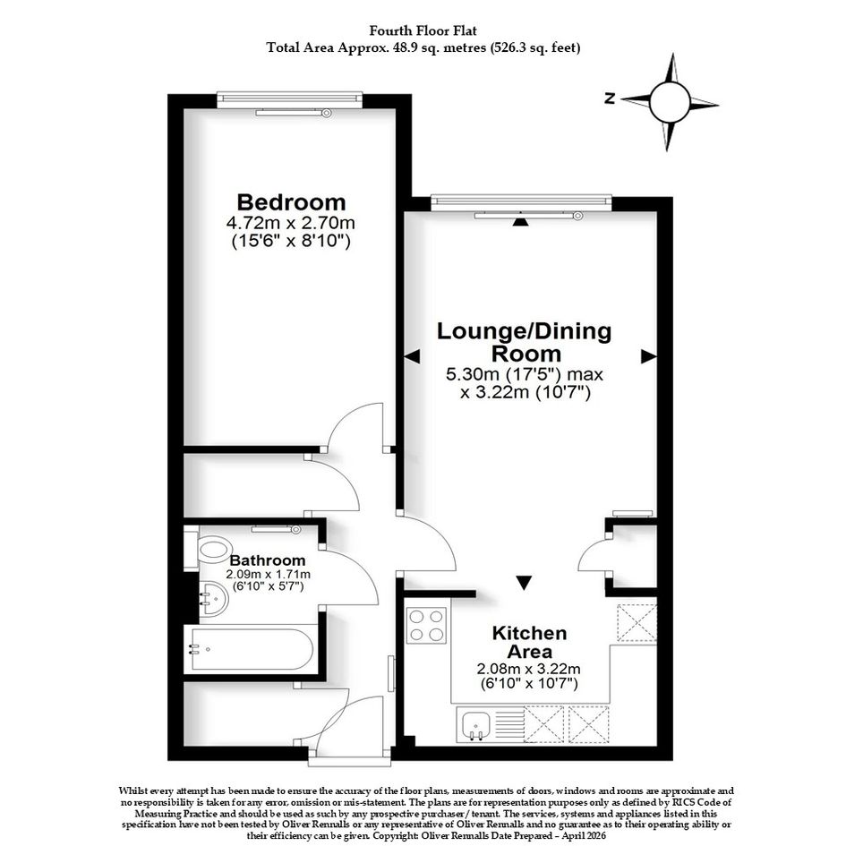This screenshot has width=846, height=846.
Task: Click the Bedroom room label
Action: click(x=291, y=202)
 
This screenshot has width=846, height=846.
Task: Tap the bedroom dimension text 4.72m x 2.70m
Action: click(x=291, y=222)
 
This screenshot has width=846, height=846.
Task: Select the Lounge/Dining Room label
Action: click(x=524, y=342)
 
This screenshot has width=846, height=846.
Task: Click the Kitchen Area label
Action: click(x=522, y=642)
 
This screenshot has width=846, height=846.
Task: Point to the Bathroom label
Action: click(x=268, y=560)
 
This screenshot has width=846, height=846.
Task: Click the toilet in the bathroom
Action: click(x=209, y=551)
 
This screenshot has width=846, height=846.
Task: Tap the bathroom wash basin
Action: click(x=214, y=599)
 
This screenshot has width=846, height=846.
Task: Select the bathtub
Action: click(x=251, y=650)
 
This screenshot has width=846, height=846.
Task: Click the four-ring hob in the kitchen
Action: click(x=426, y=626)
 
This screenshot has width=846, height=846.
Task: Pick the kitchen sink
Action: click(x=474, y=724)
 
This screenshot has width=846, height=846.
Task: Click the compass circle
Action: click(x=671, y=102)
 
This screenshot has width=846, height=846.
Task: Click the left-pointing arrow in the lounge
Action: click(x=412, y=356)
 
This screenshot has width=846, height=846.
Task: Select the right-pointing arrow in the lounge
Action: click(x=649, y=356)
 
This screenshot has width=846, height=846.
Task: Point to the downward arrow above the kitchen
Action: click(x=524, y=583)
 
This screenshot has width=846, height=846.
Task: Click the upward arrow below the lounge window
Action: click(x=520, y=220)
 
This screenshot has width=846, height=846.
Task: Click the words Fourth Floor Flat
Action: click(x=423, y=30)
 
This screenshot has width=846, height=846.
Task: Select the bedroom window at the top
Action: click(x=290, y=99)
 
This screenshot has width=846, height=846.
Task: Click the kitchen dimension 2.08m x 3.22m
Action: click(x=529, y=669)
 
